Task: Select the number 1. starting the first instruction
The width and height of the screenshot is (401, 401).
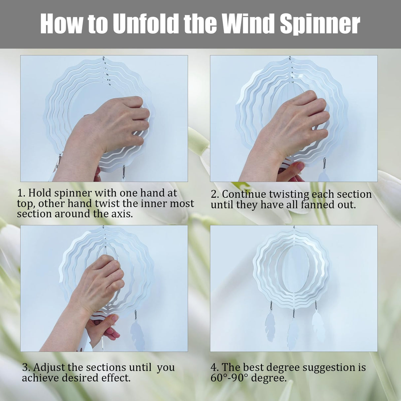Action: [x=21, y=193]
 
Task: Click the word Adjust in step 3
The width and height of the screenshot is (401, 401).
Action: [x=49, y=367]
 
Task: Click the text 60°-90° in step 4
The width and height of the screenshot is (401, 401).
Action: [x=229, y=378]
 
